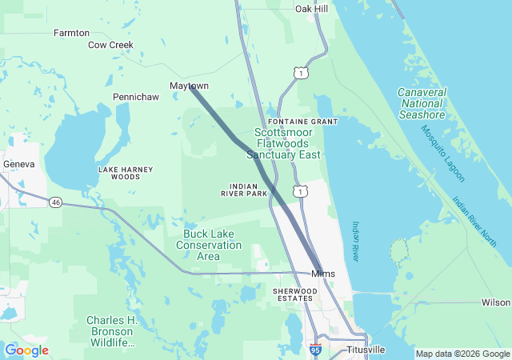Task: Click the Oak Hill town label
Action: pyautogui.click(x=311, y=9)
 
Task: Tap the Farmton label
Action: pyautogui.click(x=71, y=34)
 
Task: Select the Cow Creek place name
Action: pyautogui.click(x=110, y=46)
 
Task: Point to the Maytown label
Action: pyautogui.click(x=189, y=86)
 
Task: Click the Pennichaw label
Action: pyautogui.click(x=135, y=97)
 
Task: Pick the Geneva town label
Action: pyautogui.click(x=19, y=164)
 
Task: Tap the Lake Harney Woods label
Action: pyautogui.click(x=119, y=173)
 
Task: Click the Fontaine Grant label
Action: pyautogui.click(x=303, y=121)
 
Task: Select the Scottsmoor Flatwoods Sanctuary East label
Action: pyautogui.click(x=287, y=143)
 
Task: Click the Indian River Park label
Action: pyautogui.click(x=244, y=189)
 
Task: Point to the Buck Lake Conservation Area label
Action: pyautogui.click(x=208, y=245)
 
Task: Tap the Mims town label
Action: pyautogui.click(x=323, y=274)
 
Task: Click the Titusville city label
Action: pyautogui.click(x=366, y=350)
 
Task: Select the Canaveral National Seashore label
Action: pyautogui.click(x=421, y=104)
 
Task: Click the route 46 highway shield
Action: pyautogui.click(x=55, y=203)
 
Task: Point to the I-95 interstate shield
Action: pyautogui.click(x=317, y=350)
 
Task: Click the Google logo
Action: pyautogui.click(x=27, y=350)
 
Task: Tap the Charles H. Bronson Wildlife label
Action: pyautogui.click(x=112, y=331)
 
